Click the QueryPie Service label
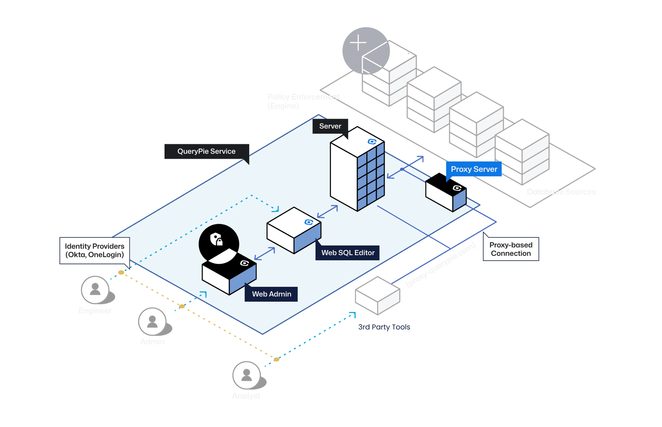pyautogui.click(x=206, y=151)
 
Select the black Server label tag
pyautogui.click(x=330, y=126)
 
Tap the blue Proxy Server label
pyautogui.click(x=474, y=169)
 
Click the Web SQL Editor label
pyautogui.click(x=348, y=253)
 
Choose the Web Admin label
pyautogui.click(x=271, y=294)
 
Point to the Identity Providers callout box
pyautogui.click(x=95, y=250)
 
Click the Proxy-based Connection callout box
pyautogui.click(x=511, y=249)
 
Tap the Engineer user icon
pyautogui.click(x=95, y=290)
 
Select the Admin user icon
pyautogui.click(x=152, y=321)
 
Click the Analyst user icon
pyautogui.click(x=247, y=375)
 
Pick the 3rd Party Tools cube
pyautogui.click(x=377, y=295)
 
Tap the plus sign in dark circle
pyautogui.click(x=358, y=43)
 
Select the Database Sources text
pyautogui.click(x=561, y=192)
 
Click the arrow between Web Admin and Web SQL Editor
pyautogui.click(x=264, y=254)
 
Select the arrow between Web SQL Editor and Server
pyautogui.click(x=328, y=212)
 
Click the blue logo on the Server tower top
pyautogui.click(x=372, y=142)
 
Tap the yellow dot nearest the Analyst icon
pyautogui.click(x=277, y=360)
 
